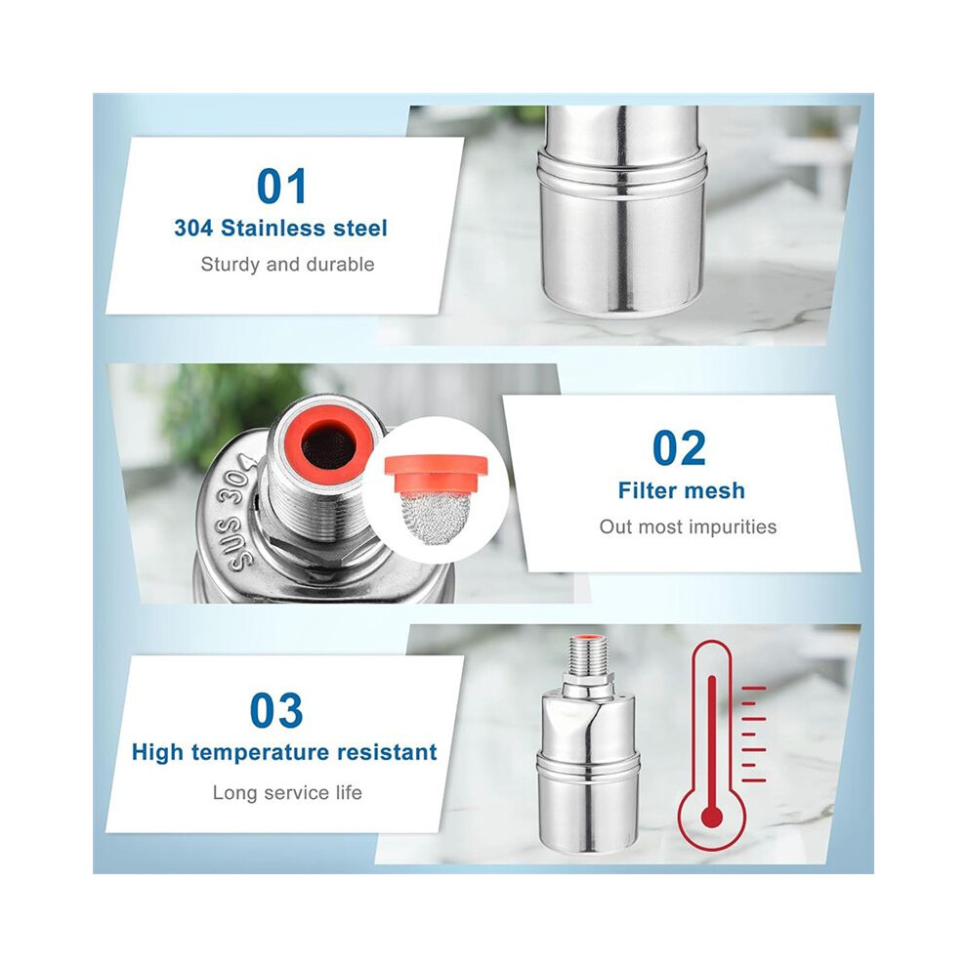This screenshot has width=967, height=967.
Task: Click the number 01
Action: (x=281, y=187)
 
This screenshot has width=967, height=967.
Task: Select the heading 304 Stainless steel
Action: (x=280, y=229)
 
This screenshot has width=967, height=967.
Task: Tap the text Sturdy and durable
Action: (x=287, y=265)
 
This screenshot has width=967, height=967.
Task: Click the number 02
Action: (x=679, y=448)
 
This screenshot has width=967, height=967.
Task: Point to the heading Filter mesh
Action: (x=682, y=491)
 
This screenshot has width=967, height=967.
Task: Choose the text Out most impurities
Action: (x=688, y=527)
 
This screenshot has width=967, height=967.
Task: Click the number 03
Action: (x=276, y=710)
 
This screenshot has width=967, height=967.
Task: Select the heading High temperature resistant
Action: (x=284, y=752)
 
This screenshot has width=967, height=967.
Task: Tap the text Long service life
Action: (x=287, y=792)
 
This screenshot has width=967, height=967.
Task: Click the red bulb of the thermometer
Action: (x=712, y=818)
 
